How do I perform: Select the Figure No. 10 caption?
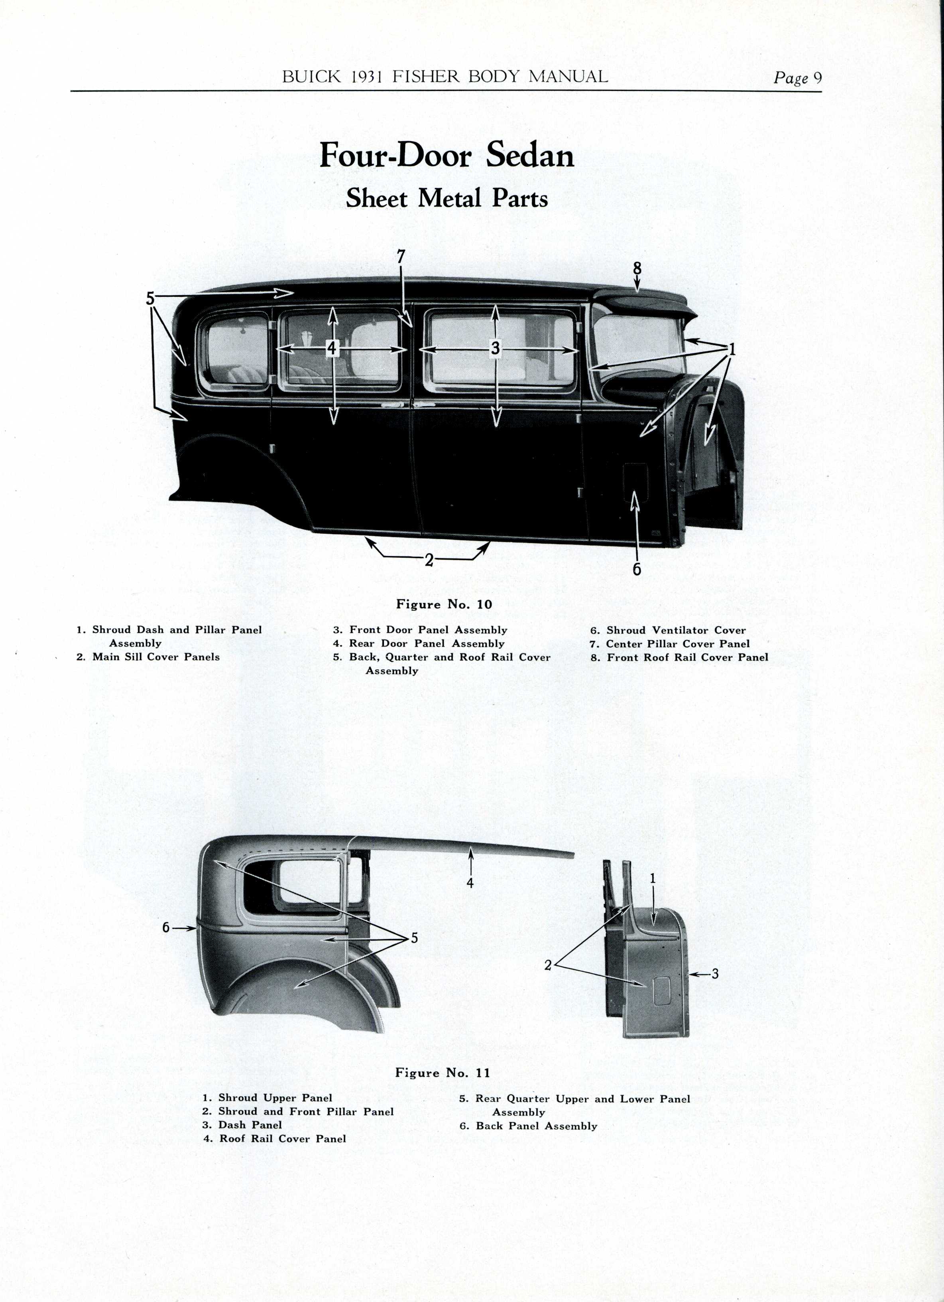click(x=444, y=604)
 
